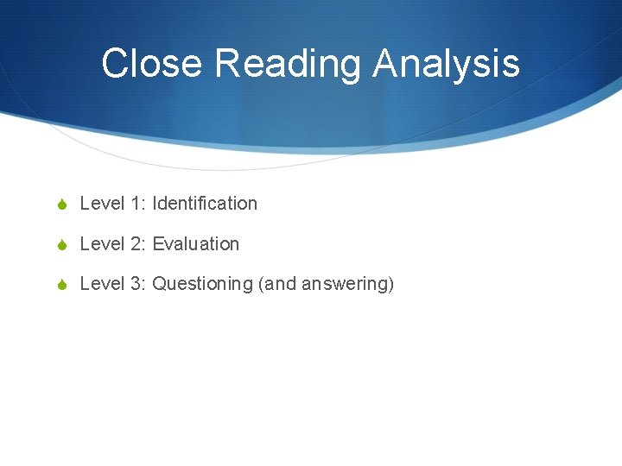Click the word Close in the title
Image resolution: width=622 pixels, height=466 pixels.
coord(152,64)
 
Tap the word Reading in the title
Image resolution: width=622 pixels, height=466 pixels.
coord(289,64)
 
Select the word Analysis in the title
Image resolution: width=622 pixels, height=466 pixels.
coord(447,64)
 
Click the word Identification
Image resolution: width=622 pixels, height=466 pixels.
coord(205,204)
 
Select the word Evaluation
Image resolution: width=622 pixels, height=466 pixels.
coord(196,244)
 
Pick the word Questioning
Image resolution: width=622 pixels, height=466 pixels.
coord(202,284)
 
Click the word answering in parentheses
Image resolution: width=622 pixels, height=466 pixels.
coord(348,284)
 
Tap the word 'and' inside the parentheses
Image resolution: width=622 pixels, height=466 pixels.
coord(280,284)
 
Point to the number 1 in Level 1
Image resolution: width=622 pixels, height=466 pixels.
coord(137,204)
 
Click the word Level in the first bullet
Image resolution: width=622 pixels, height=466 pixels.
coord(102,204)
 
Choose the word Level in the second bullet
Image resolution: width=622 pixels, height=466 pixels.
coord(102,244)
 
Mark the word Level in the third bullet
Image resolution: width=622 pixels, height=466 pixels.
coord(102,284)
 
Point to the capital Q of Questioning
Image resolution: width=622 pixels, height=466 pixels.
coord(160,284)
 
